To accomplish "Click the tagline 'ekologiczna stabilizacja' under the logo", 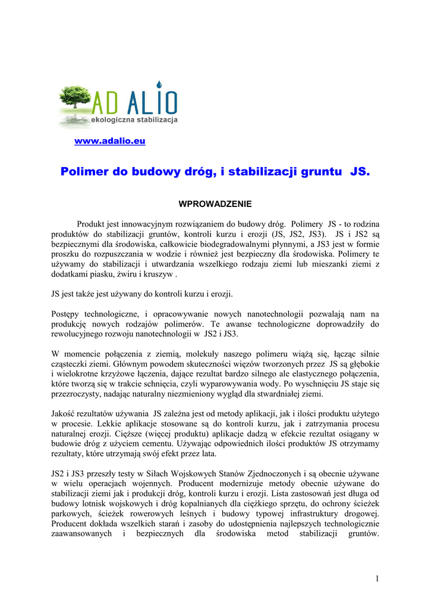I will pyautogui.click(x=134, y=121).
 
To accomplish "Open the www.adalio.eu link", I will pyautogui.click(x=109, y=141).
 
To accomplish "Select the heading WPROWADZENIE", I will pyautogui.click(x=215, y=204).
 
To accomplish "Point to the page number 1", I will pyautogui.click(x=377, y=579).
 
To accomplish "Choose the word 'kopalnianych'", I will pyautogui.click(x=194, y=504).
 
